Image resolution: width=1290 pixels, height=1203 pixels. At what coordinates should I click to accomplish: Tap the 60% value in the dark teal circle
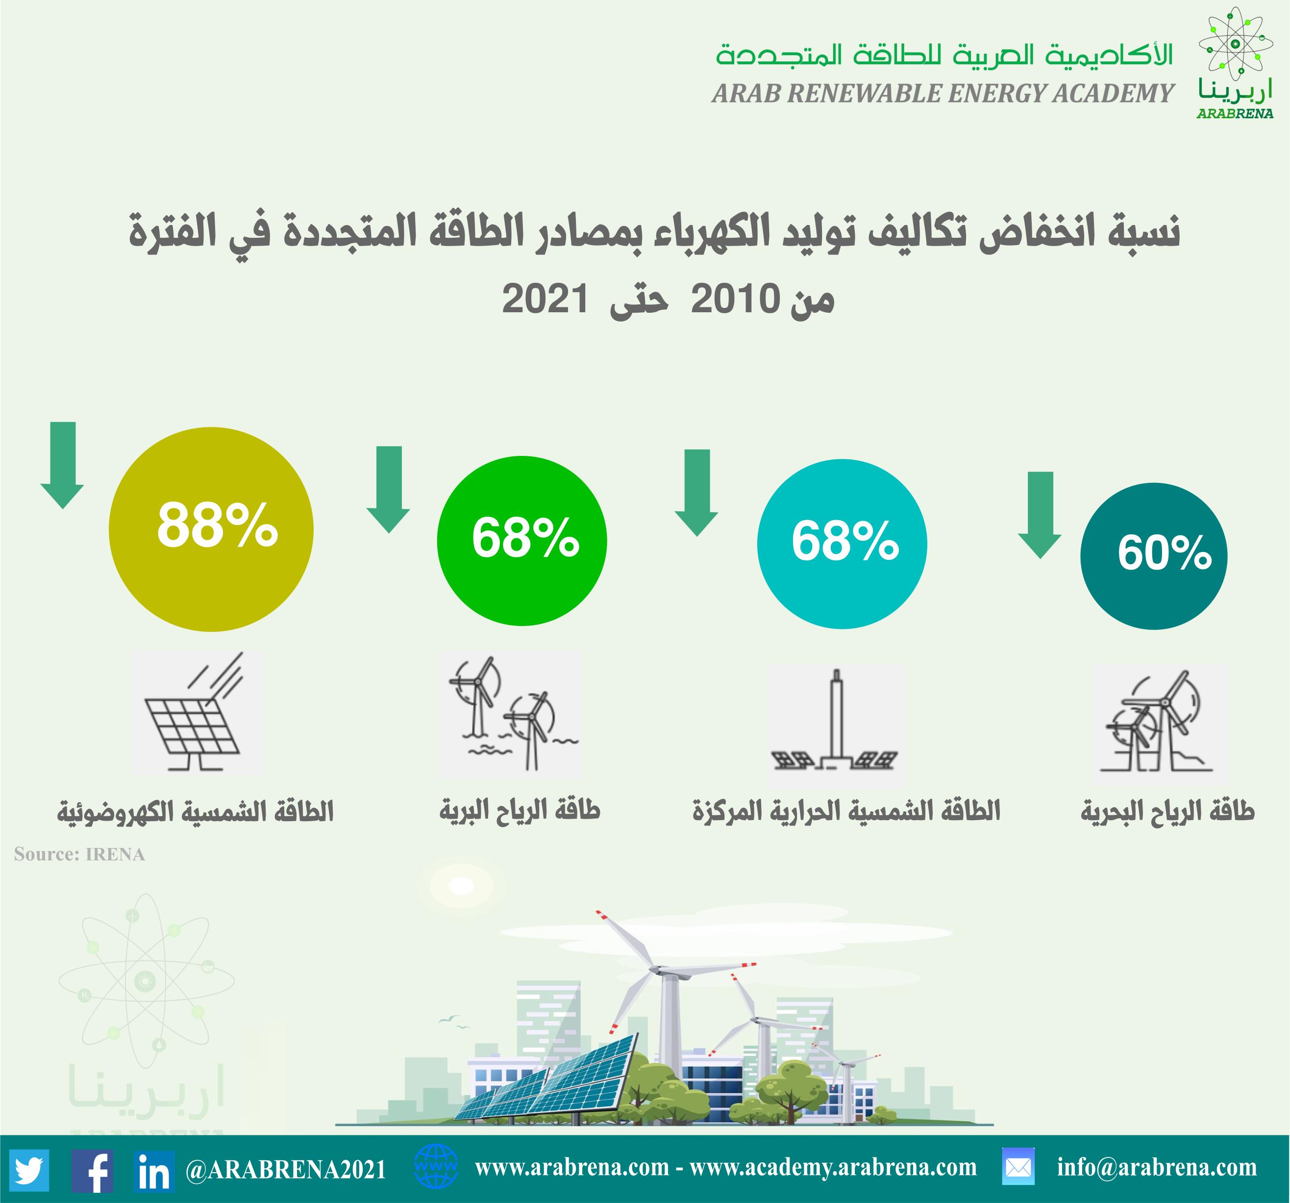(1164, 553)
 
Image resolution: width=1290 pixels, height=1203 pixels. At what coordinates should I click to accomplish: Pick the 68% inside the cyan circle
(845, 541)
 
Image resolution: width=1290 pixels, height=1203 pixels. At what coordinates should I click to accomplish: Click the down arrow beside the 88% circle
(62, 465)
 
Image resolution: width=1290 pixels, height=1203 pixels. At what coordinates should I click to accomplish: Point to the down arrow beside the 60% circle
(1040, 515)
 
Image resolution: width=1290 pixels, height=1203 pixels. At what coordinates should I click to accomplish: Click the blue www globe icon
(435, 1166)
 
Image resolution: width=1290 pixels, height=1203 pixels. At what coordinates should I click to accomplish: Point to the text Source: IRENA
(79, 854)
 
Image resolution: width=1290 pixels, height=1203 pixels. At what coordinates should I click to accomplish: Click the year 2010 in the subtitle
(735, 299)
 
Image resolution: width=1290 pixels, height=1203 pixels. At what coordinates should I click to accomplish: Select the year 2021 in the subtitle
(545, 299)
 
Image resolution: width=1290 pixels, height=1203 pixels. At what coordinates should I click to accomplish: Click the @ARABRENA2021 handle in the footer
(286, 1170)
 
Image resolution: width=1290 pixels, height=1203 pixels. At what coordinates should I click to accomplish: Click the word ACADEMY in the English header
(1113, 94)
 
